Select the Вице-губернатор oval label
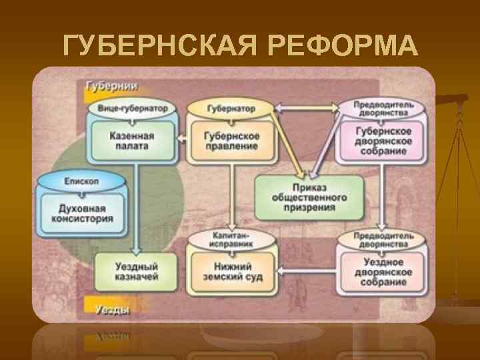(x=132, y=107)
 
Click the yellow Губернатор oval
(x=230, y=107)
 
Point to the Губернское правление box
(x=231, y=141)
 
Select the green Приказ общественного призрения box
(x=309, y=197)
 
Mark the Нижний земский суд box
(x=231, y=271)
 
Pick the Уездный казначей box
(x=136, y=271)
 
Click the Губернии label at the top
(x=111, y=87)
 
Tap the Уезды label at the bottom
(x=108, y=309)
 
